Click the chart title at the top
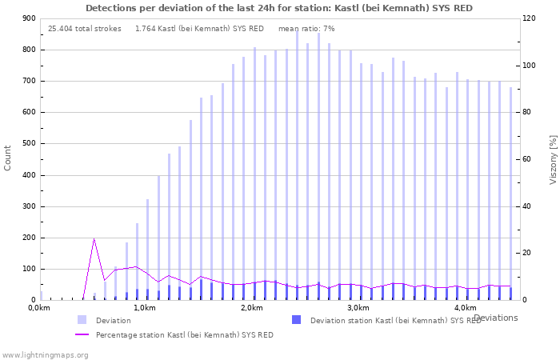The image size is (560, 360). (x=278, y=8)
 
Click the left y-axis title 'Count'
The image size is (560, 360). (x=8, y=158)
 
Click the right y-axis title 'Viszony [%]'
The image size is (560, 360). (x=552, y=159)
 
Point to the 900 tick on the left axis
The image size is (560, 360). (x=28, y=18)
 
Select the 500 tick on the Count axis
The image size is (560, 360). (x=28, y=144)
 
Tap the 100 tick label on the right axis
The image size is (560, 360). (x=530, y=66)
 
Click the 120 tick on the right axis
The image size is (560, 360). (x=530, y=18)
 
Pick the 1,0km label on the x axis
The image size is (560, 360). (x=144, y=308)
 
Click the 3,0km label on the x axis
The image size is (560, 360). (x=358, y=308)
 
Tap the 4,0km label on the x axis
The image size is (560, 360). (x=465, y=308)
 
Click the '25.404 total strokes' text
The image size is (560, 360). (x=85, y=29)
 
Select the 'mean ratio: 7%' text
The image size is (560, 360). (x=306, y=29)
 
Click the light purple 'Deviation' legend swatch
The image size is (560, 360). (x=82, y=320)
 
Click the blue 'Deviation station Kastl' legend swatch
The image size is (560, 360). (x=297, y=320)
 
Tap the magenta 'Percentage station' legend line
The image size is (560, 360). (x=82, y=334)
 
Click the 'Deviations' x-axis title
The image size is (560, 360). (x=495, y=318)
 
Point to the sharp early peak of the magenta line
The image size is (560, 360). (x=94, y=238)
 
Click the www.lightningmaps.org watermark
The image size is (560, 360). (x=45, y=354)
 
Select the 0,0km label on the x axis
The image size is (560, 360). (x=38, y=308)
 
